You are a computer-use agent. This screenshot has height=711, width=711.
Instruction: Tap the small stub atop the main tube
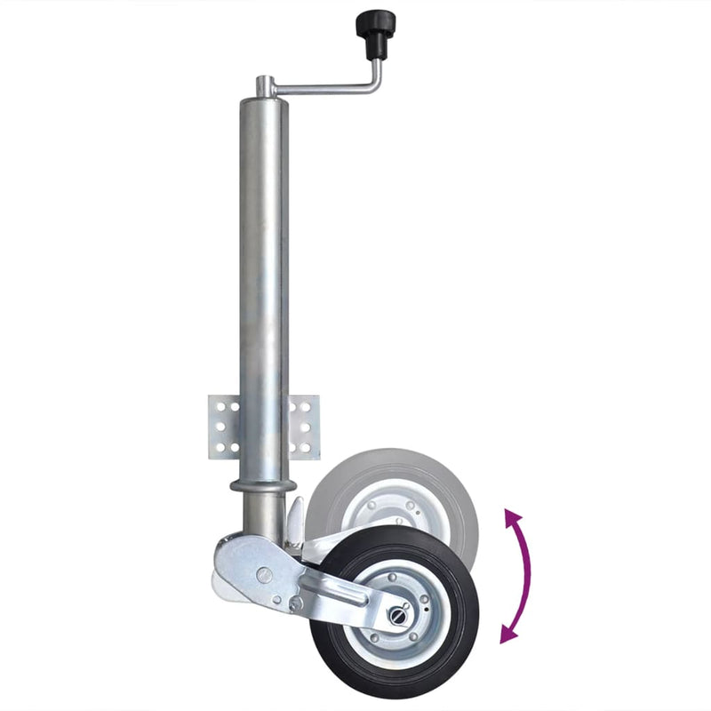pos(264,85)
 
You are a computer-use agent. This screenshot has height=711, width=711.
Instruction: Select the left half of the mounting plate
pos(223,427)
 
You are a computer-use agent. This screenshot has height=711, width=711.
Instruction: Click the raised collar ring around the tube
pos(263,486)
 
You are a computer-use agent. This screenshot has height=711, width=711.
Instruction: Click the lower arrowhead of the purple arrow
pos(507,634)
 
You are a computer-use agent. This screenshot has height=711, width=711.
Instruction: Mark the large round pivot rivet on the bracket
pos(264,574)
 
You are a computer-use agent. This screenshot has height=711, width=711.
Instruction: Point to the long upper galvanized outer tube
pos(264,267)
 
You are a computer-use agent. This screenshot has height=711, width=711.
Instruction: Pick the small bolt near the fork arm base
pos(296,603)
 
